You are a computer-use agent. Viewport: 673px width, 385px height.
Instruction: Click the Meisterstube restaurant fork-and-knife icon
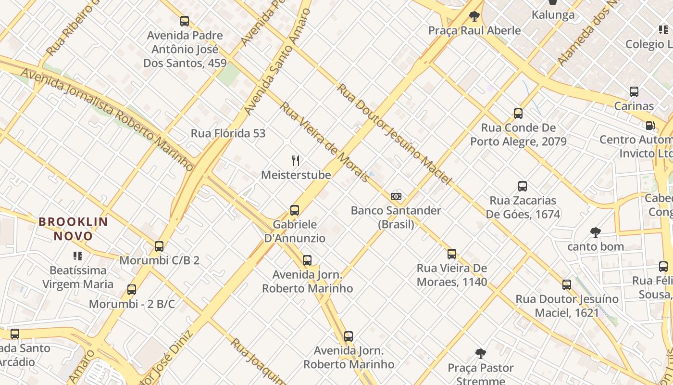(296, 161)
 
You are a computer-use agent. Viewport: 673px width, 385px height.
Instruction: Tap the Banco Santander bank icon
(396, 196)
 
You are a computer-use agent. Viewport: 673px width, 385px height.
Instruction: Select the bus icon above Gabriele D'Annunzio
(295, 210)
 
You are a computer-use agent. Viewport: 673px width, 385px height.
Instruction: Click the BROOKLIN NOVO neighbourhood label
(74, 229)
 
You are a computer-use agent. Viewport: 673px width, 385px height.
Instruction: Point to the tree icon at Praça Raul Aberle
(474, 16)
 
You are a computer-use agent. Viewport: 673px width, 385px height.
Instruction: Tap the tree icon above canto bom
(596, 232)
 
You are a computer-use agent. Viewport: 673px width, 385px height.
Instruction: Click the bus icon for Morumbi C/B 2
(159, 246)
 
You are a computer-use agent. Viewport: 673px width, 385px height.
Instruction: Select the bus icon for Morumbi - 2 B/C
(132, 290)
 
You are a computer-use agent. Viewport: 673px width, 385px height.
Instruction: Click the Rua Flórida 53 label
(228, 133)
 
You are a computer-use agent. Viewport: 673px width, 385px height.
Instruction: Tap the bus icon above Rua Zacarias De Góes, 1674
(523, 186)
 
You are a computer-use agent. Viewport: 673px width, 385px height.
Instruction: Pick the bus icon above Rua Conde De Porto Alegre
(518, 114)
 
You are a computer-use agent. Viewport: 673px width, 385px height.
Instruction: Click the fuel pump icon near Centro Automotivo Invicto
(650, 126)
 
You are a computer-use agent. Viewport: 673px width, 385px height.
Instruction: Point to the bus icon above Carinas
(634, 92)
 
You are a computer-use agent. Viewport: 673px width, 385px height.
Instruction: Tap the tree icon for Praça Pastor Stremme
(480, 354)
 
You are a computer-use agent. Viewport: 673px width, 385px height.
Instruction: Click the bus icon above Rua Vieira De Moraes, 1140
(452, 254)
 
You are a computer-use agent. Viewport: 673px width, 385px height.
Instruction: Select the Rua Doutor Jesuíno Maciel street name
(394, 134)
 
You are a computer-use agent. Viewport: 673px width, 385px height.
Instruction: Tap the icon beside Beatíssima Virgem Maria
(77, 256)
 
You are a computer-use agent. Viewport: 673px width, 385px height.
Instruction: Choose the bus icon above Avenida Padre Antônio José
(185, 21)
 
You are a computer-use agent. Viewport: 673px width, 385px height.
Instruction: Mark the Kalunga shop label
(553, 15)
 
